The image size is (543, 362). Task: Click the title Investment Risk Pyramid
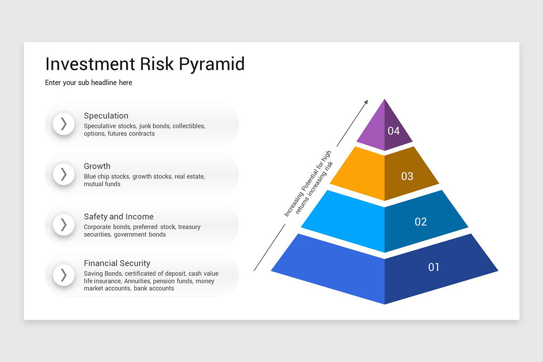[x=145, y=64]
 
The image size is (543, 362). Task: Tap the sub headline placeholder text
[x=89, y=83]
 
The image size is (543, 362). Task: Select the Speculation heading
[x=106, y=116]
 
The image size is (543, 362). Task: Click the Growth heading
[x=97, y=166]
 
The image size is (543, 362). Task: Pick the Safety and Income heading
[x=119, y=217]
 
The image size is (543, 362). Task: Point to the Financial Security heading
[x=117, y=263]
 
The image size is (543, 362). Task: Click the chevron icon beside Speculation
[x=64, y=124]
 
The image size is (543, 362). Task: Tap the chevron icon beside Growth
[x=64, y=174]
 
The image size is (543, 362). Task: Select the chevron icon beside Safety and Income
[x=64, y=224]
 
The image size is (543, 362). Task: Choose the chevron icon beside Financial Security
[x=64, y=275]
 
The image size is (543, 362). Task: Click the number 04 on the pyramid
[x=394, y=131]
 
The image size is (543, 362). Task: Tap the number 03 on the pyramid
[x=407, y=176]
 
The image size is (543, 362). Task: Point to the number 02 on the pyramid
[x=421, y=222]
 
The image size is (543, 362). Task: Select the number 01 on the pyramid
[x=433, y=267]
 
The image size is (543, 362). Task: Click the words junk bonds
[x=155, y=126]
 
